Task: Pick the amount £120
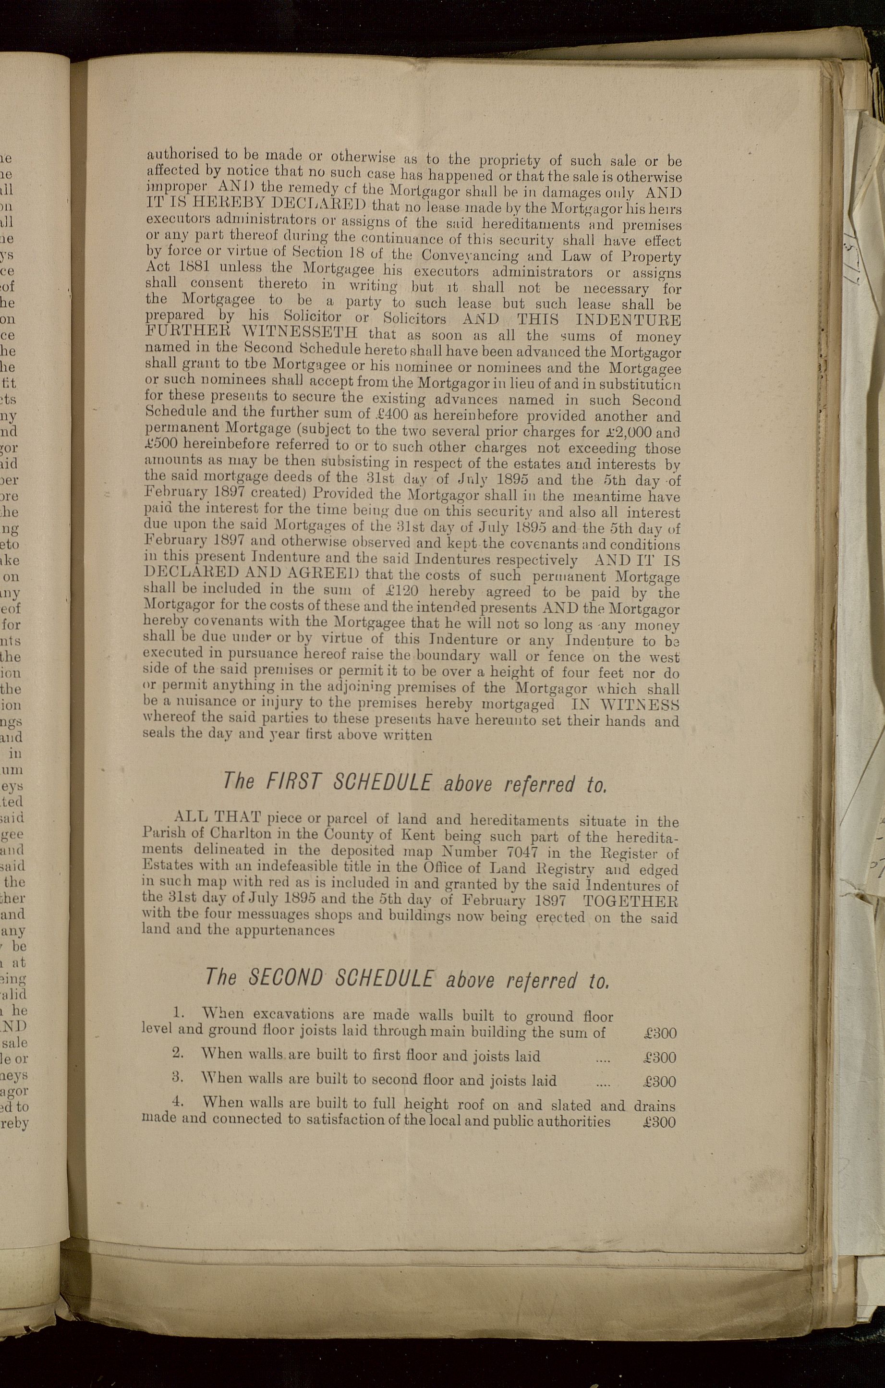tap(395, 591)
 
